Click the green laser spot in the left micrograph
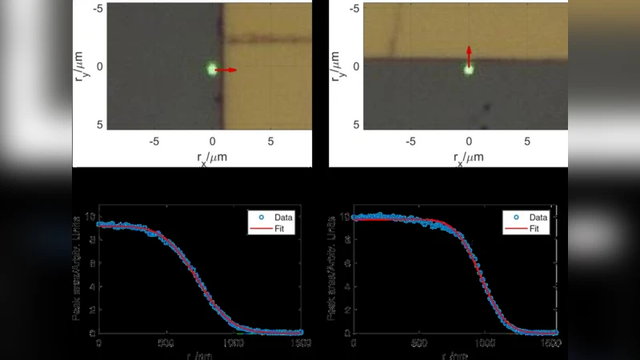click(x=212, y=70)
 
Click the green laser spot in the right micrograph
click(x=469, y=70)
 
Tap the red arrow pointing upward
click(x=469, y=55)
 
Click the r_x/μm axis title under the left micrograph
click(x=212, y=158)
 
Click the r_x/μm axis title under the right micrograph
click(x=469, y=158)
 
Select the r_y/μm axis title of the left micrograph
click(x=81, y=66)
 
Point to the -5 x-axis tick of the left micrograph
click(x=154, y=142)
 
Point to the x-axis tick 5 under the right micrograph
click(x=527, y=142)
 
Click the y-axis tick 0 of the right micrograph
click(x=355, y=66)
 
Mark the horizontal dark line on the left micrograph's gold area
click(x=268, y=38)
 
